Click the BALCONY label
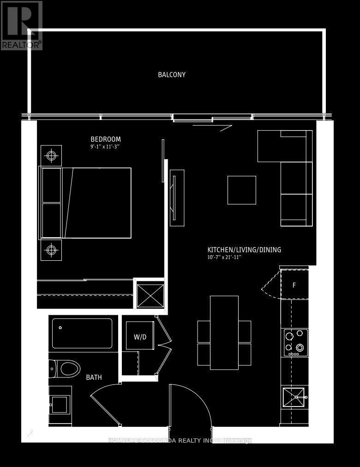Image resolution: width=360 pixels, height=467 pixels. point(172,75)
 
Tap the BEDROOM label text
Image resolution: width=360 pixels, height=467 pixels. point(105,139)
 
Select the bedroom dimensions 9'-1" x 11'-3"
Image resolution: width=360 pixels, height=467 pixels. point(108,147)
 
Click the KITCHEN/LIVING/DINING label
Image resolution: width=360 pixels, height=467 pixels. point(244,250)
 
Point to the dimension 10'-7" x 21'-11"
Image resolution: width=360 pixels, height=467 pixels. point(224,257)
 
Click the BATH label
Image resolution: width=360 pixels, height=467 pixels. point(94,377)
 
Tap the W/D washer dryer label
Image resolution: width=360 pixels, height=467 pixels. point(140,337)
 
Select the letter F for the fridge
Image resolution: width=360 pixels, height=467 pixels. point(294,285)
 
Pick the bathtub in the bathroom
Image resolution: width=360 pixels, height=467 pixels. point(82,333)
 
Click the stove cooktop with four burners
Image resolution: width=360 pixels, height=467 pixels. point(296,342)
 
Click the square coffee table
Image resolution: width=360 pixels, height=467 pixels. point(241,190)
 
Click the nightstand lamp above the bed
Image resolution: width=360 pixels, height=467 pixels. point(51,156)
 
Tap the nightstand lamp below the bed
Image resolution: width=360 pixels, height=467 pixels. point(51,250)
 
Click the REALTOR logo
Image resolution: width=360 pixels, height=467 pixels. point(21,25)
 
